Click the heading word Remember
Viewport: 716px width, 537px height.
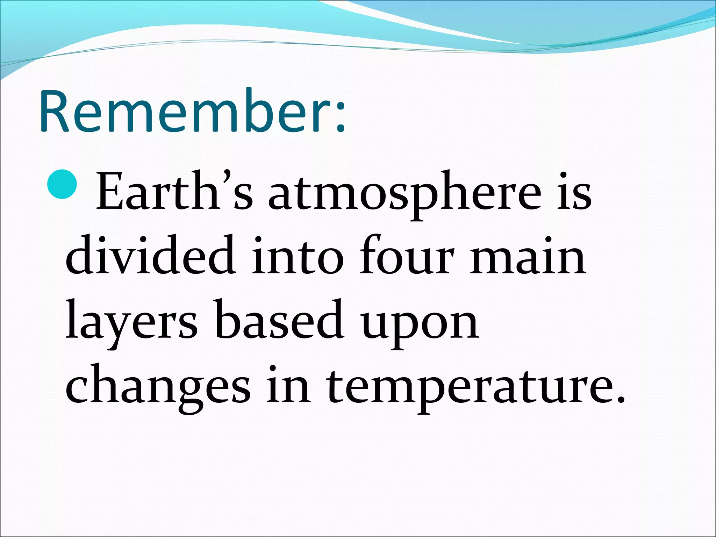coord(185,112)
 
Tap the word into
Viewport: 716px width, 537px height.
coord(297,257)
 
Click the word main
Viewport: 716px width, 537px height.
coord(528,257)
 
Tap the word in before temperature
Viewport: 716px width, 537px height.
coord(288,385)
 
